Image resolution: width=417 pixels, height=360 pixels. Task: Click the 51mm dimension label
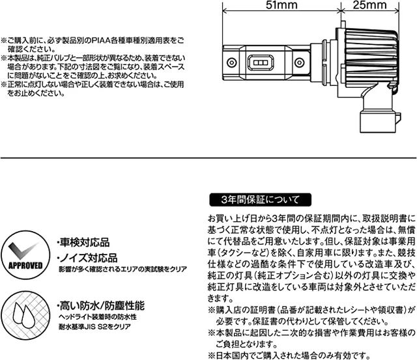pyautogui.click(x=281, y=5)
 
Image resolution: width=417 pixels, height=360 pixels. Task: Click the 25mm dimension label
pyautogui.click(x=370, y=5)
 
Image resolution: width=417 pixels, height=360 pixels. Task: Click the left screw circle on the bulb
pyautogui.click(x=232, y=62)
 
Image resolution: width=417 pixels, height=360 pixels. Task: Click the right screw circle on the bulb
pyautogui.click(x=300, y=62)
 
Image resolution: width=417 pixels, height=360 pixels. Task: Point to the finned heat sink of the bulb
pyautogui.click(x=371, y=58)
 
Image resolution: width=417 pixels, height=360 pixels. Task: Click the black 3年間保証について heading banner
pyautogui.click(x=261, y=200)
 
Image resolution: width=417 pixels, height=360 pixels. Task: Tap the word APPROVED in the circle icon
pyautogui.click(x=25, y=266)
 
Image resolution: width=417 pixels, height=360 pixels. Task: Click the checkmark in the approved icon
pyautogui.click(x=22, y=251)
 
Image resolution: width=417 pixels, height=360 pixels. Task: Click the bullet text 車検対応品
pyautogui.click(x=83, y=243)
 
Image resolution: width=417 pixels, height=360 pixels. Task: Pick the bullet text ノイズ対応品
pyautogui.click(x=87, y=258)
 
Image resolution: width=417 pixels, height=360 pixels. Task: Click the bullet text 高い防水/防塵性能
pyautogui.click(x=101, y=306)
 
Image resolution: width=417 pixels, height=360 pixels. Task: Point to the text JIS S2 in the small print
pyautogui.click(x=94, y=327)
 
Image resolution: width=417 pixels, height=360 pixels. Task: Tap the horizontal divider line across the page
pyautogui.click(x=208, y=158)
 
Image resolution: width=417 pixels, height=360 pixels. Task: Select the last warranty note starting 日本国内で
pyautogui.click(x=289, y=355)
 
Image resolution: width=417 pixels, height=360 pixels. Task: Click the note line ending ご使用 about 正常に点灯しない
pyautogui.click(x=93, y=85)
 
